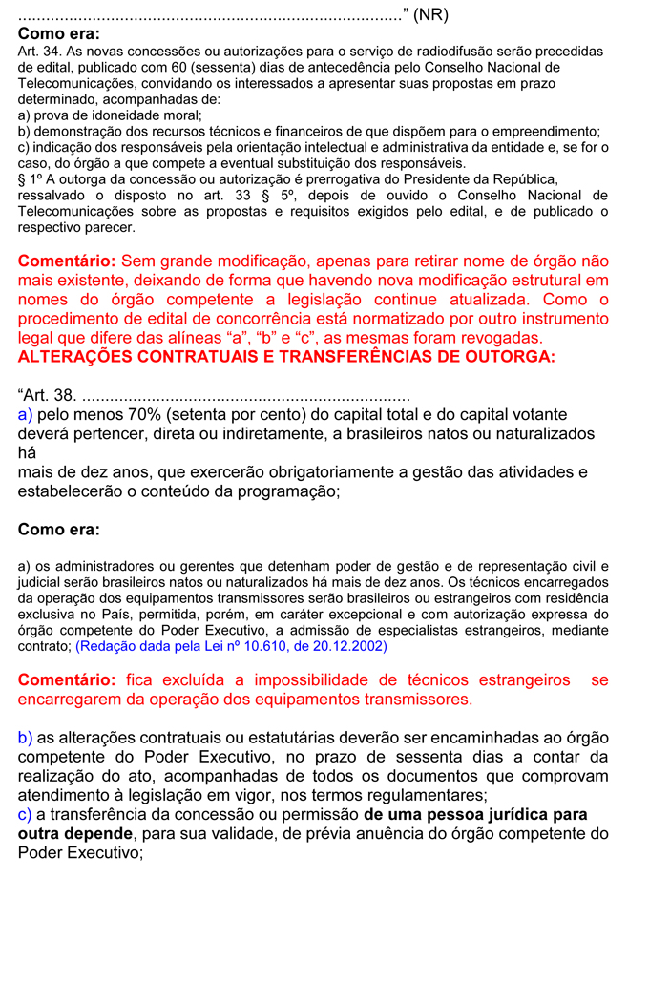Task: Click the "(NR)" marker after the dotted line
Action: coord(429,15)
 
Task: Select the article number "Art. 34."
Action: coord(40,52)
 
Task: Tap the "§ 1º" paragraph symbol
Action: coord(31,179)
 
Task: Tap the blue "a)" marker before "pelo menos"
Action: coord(26,415)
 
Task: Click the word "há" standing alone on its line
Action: coord(27,453)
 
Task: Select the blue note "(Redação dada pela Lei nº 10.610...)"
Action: coord(230,646)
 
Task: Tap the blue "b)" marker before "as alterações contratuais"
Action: coord(26,738)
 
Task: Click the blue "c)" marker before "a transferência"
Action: coord(25,814)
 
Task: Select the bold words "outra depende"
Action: coord(76,833)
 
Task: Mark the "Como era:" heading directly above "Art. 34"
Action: coord(58,33)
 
